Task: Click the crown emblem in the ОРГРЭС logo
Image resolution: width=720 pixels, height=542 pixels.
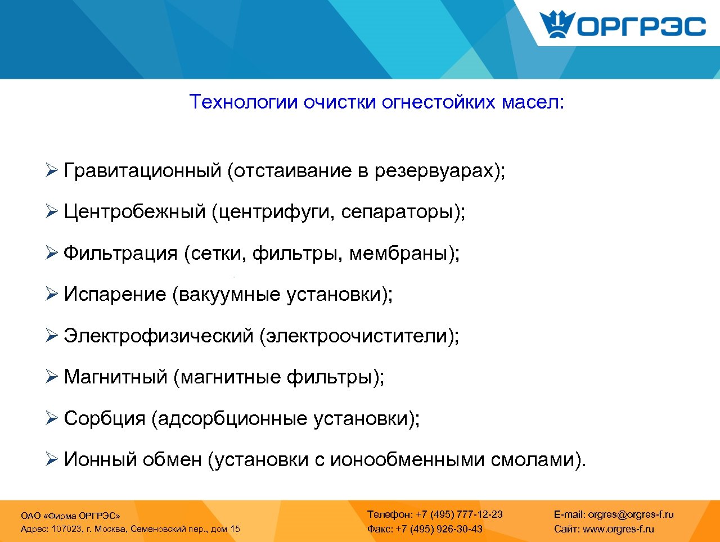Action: [557, 25]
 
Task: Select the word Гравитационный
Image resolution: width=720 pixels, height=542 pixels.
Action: [142, 170]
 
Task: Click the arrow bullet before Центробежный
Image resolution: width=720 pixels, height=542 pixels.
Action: [52, 212]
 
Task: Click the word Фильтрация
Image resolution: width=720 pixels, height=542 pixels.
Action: [120, 254]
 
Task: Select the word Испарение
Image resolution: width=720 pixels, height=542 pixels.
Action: [115, 295]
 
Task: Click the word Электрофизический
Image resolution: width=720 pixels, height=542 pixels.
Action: [159, 336]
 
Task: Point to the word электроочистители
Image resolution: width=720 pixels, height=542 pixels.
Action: [356, 336]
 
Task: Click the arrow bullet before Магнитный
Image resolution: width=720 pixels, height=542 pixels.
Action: [52, 377]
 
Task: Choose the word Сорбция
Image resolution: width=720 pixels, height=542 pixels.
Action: [105, 419]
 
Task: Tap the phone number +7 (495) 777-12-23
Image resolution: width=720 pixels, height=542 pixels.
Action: [459, 514]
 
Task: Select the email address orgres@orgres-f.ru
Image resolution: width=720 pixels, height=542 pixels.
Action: [631, 514]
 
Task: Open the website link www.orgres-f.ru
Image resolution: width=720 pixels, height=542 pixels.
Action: [618, 529]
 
